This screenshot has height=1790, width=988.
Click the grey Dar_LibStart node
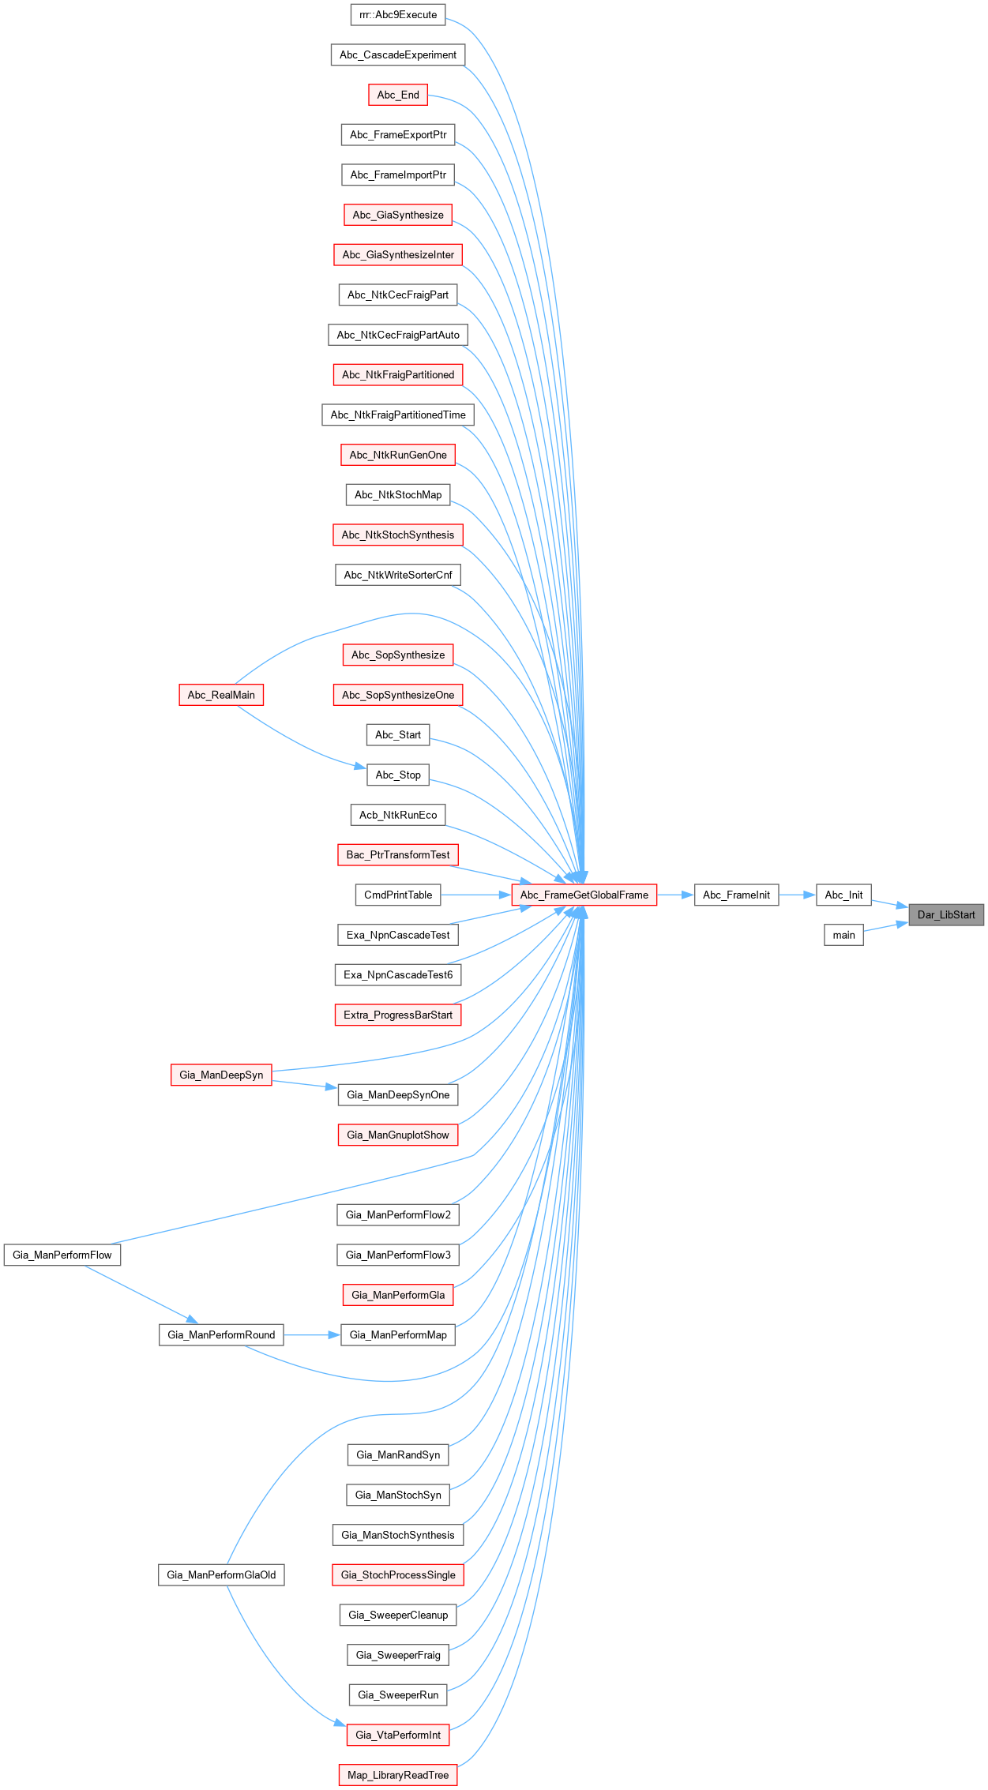click(945, 914)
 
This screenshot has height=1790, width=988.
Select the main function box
click(843, 935)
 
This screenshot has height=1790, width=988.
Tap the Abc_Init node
click(843, 895)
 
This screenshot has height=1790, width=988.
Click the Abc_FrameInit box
click(736, 895)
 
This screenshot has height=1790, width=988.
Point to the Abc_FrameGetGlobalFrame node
click(584, 895)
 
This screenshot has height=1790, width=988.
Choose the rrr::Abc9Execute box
click(398, 14)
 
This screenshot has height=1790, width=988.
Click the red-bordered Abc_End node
click(398, 95)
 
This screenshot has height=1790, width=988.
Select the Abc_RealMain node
click(221, 695)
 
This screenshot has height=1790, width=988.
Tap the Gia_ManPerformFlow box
click(62, 1255)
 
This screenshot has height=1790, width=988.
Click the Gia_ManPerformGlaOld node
click(221, 1574)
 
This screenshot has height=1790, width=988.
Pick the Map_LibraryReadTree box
click(398, 1775)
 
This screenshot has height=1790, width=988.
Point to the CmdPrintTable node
click(398, 895)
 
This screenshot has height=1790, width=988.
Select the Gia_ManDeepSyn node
click(221, 1075)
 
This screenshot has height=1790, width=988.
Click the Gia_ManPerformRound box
click(221, 1334)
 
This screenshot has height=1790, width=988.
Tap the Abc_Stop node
click(398, 775)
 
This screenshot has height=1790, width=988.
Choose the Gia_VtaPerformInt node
click(398, 1735)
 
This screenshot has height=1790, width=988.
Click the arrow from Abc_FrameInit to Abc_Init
click(797, 895)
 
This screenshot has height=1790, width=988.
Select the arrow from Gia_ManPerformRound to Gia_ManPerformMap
click(312, 1334)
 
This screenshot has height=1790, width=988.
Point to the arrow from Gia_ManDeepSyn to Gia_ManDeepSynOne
click(305, 1084)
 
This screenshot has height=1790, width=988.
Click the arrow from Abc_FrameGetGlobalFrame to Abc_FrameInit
click(675, 895)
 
